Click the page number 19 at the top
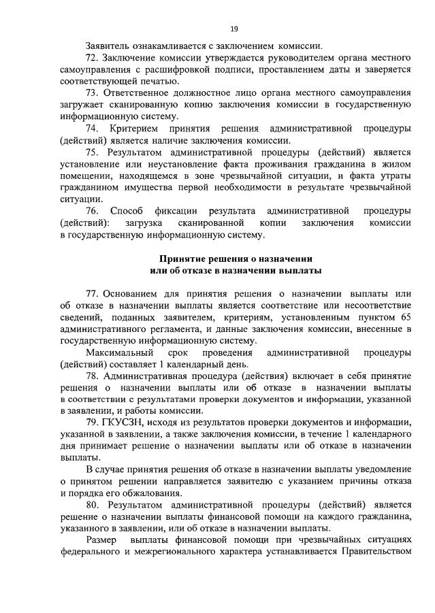click(x=233, y=29)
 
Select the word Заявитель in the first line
click(x=109, y=45)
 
